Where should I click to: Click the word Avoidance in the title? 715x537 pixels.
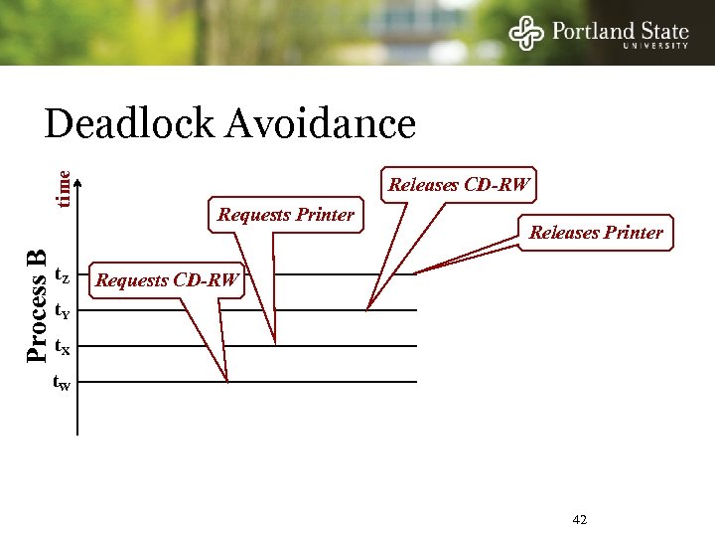[x=321, y=124]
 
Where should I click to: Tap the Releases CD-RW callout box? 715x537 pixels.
[x=460, y=184]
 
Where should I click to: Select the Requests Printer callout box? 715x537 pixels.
[x=286, y=214]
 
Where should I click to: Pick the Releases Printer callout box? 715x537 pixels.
[x=596, y=233]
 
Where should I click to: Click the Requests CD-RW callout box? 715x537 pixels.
[x=167, y=280]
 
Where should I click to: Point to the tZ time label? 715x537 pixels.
[x=62, y=274]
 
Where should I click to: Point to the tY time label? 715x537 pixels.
[x=62, y=311]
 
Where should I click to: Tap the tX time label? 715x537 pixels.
[x=62, y=347]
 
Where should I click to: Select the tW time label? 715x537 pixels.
[x=62, y=383]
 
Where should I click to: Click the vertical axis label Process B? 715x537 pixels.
[x=37, y=305]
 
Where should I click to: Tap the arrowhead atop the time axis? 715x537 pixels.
[x=78, y=182]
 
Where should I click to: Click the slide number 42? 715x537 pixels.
[x=581, y=520]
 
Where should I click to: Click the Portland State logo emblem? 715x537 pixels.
[x=527, y=33]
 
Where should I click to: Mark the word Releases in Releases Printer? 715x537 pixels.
[x=563, y=233]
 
